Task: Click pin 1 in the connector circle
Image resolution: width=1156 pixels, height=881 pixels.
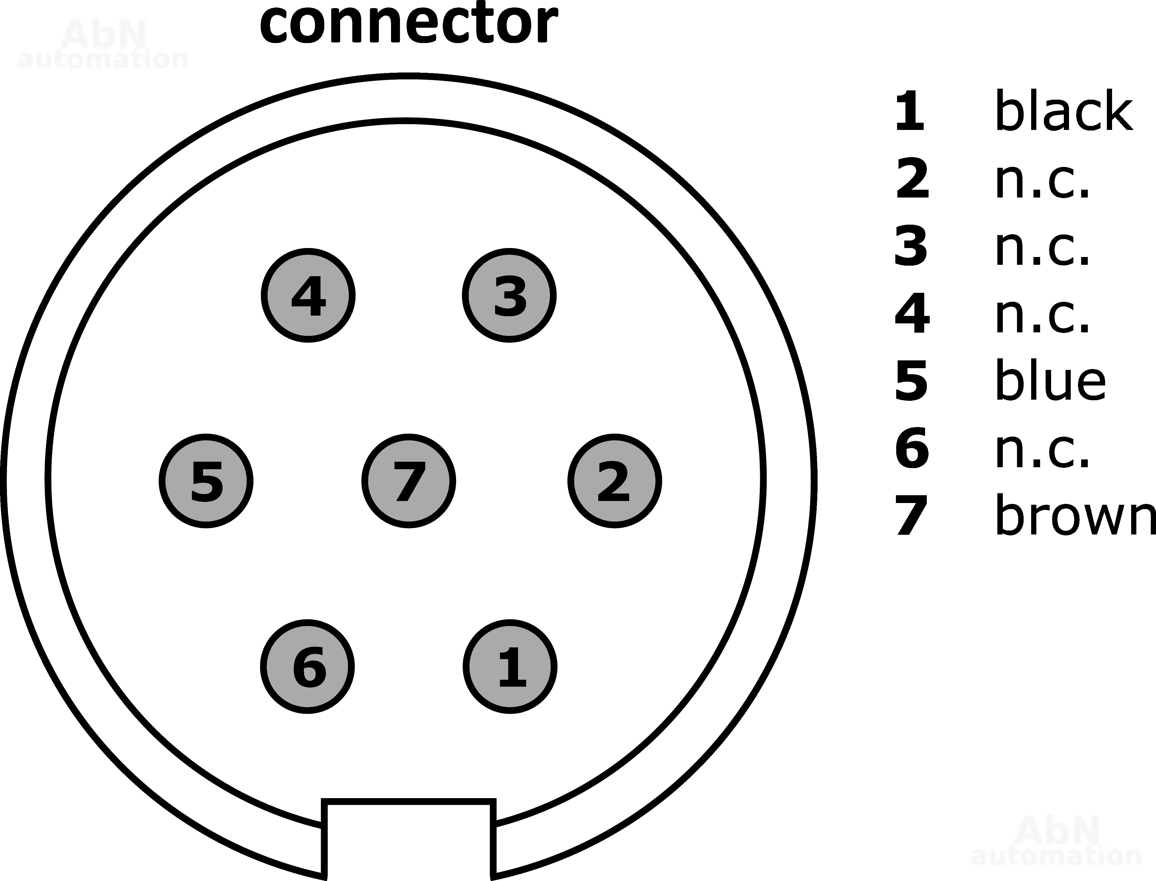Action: pos(510,667)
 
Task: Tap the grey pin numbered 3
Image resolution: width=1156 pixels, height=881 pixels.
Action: pos(509,295)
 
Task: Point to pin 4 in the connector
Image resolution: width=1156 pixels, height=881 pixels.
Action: pos(308,295)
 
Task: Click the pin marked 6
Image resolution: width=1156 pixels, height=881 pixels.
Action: pos(307,667)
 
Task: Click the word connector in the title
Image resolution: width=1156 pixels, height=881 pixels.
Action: pos(409,24)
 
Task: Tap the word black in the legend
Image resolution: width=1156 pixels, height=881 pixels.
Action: pos(1064,111)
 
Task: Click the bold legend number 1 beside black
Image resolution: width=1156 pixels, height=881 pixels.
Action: pos(910,111)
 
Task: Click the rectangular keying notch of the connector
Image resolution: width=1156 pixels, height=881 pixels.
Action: pos(409,839)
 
